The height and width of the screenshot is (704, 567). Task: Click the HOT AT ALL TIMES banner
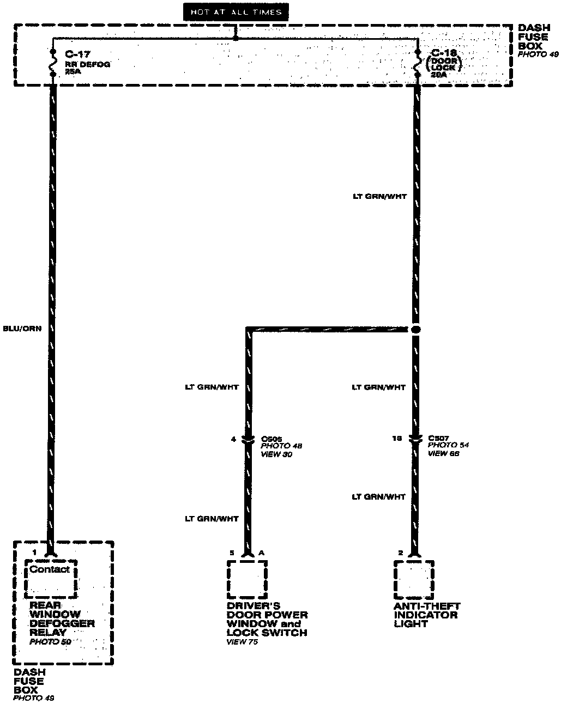[x=236, y=11]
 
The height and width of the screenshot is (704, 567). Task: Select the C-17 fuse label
[x=76, y=54]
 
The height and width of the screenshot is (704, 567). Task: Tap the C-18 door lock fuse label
[x=443, y=53]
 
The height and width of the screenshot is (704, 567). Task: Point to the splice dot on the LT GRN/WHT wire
[x=415, y=330]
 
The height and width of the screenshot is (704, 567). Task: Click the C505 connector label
[x=272, y=438]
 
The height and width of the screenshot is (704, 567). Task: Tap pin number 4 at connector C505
[x=234, y=439]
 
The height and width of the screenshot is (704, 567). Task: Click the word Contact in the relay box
[x=50, y=569]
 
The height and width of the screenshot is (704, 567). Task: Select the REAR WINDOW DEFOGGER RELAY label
[x=62, y=619]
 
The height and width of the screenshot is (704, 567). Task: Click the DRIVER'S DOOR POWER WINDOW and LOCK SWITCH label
[x=267, y=619]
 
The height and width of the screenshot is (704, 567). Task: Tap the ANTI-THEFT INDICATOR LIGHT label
[x=427, y=615]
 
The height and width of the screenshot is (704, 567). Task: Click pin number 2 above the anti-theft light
[x=401, y=553]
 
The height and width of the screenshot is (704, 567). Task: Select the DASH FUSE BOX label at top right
[x=534, y=37]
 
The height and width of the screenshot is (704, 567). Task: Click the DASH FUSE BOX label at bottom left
[x=29, y=681]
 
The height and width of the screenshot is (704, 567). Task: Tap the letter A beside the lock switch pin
[x=262, y=553]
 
